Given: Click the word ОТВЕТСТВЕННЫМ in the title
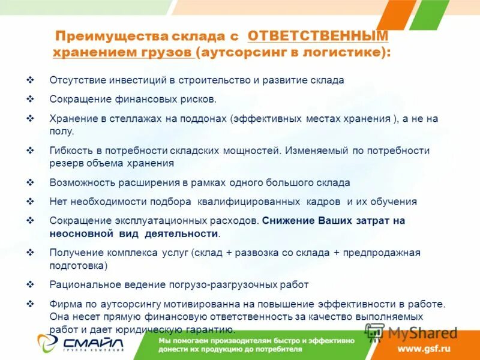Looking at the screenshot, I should tap(318, 35).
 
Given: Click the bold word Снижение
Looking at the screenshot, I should tap(284, 220).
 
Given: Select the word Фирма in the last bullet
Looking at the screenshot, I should tap(64, 304).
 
